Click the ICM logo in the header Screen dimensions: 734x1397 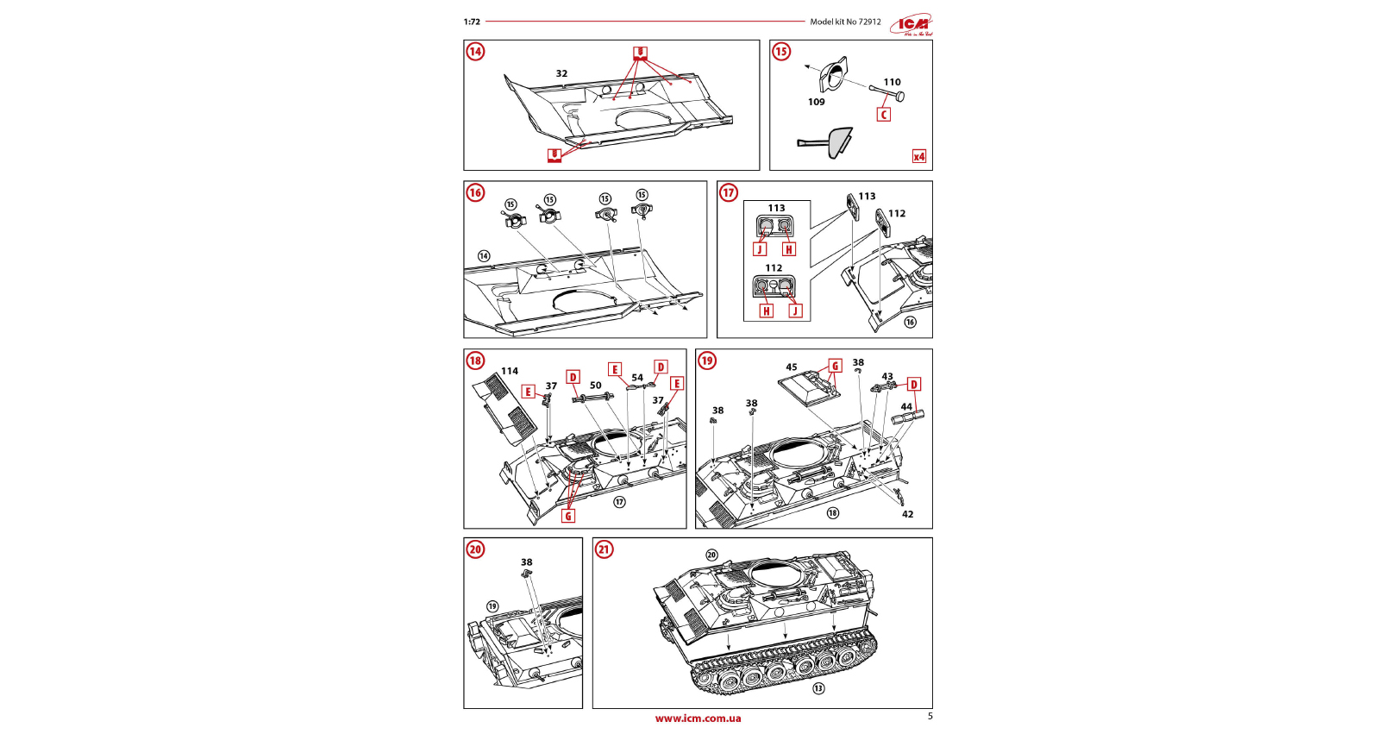click(x=912, y=25)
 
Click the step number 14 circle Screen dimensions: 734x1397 click(x=475, y=52)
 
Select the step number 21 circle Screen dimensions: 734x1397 click(x=604, y=549)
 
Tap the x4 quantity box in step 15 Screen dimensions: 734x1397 click(x=919, y=156)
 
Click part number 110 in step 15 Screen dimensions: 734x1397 click(x=892, y=83)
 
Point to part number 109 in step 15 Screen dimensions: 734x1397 click(x=816, y=102)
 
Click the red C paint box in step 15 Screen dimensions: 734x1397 click(x=883, y=115)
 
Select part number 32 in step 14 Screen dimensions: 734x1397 click(x=561, y=74)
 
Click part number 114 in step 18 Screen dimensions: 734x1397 click(x=510, y=371)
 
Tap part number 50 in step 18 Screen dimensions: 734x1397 click(x=595, y=386)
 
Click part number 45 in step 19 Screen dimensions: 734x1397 click(x=791, y=367)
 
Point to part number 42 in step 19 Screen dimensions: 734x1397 click(x=907, y=514)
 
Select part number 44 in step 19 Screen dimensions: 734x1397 click(x=905, y=407)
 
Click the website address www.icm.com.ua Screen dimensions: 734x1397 click(x=698, y=718)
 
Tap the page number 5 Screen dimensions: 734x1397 click(x=930, y=716)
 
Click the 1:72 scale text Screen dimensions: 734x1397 click(x=472, y=22)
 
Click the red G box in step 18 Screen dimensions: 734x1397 click(x=567, y=516)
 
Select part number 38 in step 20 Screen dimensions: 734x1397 click(x=526, y=562)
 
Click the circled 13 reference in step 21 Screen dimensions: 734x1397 click(x=818, y=688)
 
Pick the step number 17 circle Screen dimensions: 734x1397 click(x=729, y=192)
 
